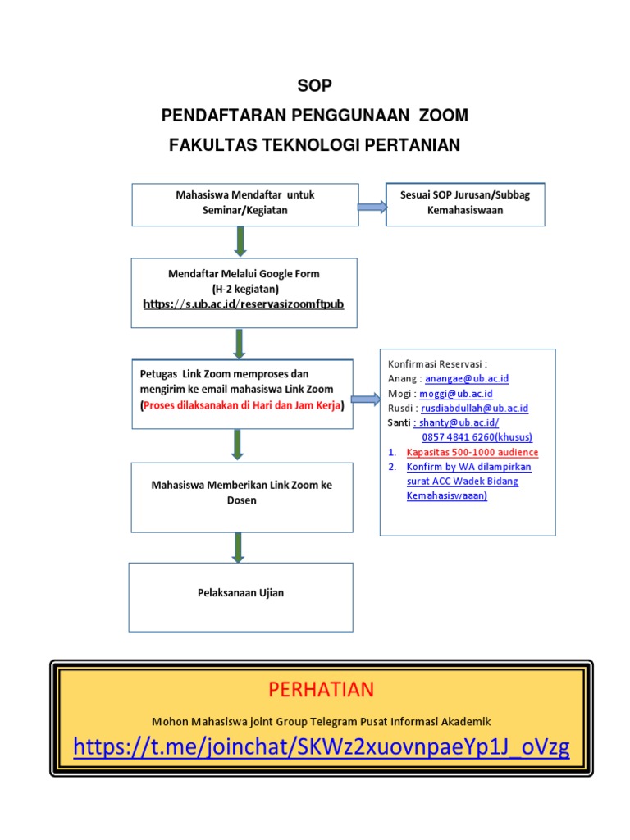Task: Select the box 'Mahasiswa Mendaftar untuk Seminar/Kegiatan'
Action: tap(245, 203)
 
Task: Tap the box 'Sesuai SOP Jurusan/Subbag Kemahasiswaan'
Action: tap(465, 203)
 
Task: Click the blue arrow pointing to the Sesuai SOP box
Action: tap(372, 208)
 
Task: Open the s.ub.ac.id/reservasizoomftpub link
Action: tap(244, 304)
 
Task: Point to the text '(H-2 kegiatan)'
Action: tap(244, 289)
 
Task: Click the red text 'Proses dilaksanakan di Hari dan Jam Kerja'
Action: tap(242, 406)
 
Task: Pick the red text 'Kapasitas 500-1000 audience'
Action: tap(472, 452)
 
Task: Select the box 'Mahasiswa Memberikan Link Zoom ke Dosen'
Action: tap(242, 493)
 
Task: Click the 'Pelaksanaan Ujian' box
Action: tap(241, 593)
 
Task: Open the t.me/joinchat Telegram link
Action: tap(321, 747)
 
